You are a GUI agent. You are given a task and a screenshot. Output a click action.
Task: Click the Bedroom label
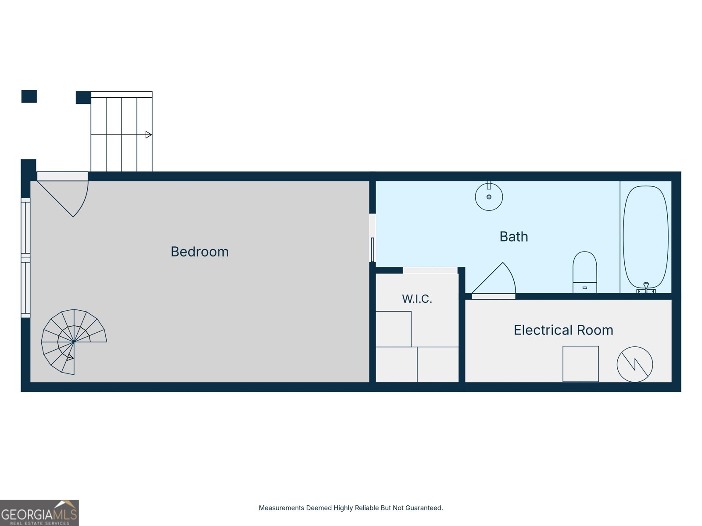(x=200, y=252)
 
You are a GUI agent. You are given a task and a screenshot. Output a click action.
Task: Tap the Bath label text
(x=514, y=237)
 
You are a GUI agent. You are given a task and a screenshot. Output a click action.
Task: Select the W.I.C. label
(x=417, y=299)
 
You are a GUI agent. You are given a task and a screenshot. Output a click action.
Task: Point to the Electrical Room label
(x=563, y=330)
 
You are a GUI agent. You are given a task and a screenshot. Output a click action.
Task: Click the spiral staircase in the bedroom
(x=74, y=341)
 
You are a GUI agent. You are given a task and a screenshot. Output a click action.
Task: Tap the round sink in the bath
(x=489, y=196)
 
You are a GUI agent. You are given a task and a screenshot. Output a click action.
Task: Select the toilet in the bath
(x=584, y=272)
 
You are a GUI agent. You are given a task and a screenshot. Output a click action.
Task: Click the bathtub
(x=646, y=237)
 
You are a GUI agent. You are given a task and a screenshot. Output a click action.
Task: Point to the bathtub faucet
(x=646, y=288)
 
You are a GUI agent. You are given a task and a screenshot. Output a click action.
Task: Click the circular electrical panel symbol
(x=635, y=364)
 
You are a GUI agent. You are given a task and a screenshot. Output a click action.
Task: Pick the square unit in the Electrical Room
(x=580, y=364)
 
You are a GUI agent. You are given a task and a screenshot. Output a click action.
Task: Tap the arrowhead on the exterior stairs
(x=148, y=135)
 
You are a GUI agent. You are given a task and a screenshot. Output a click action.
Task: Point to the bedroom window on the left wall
(x=25, y=258)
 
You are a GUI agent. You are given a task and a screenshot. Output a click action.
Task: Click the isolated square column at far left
(x=29, y=96)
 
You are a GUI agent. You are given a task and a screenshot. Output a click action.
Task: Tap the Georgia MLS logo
(x=39, y=512)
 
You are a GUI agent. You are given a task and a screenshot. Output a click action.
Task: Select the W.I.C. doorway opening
(x=430, y=270)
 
